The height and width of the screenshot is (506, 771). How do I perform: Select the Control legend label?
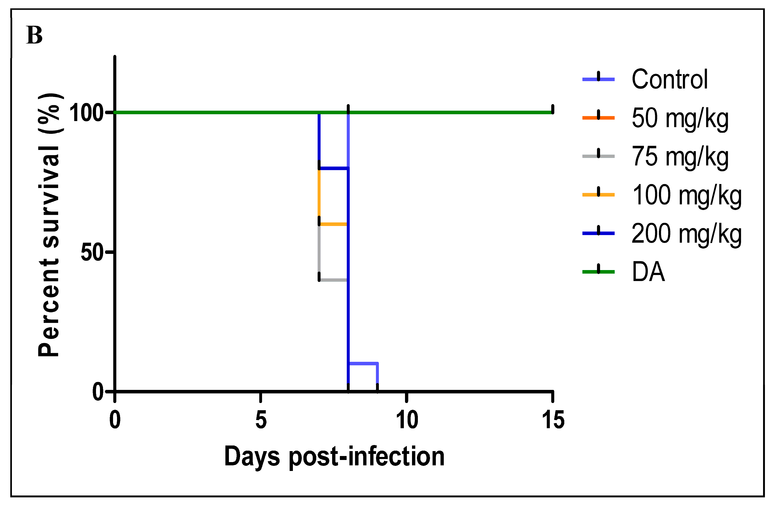pyautogui.click(x=669, y=79)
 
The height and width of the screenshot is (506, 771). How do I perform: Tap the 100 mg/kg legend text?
pyautogui.click(x=686, y=195)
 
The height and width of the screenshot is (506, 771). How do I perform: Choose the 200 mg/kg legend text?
pyautogui.click(x=686, y=234)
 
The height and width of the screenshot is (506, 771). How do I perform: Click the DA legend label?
pyautogui.click(x=648, y=272)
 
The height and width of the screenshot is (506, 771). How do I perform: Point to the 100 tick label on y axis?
pyautogui.click(x=86, y=113)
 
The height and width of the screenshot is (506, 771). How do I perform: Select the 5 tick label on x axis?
pyautogui.click(x=261, y=420)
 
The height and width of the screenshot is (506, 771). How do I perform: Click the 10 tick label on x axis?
pyautogui.click(x=407, y=420)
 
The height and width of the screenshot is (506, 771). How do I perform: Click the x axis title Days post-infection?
pyautogui.click(x=334, y=457)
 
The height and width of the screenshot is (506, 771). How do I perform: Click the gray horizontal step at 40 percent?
pyautogui.click(x=333, y=280)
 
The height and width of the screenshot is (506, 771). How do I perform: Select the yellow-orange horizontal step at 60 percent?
pyautogui.click(x=333, y=224)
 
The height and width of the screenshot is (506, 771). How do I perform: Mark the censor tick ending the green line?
pyautogui.click(x=553, y=110)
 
